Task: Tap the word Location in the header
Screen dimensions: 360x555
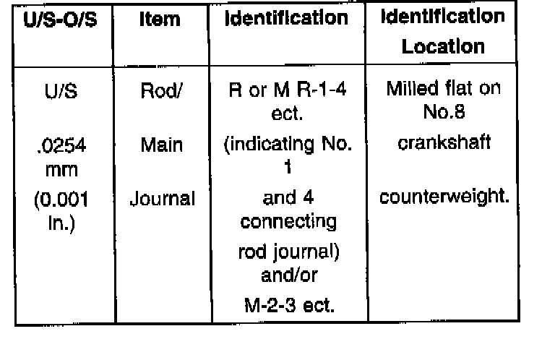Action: [x=443, y=48]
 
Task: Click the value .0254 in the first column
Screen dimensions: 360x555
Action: [x=62, y=145]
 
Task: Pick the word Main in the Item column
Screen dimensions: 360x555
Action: [x=161, y=145]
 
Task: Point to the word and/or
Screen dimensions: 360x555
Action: [x=289, y=276]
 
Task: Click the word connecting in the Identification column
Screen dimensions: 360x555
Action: [x=289, y=221]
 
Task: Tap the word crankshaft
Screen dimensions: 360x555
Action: [x=444, y=142]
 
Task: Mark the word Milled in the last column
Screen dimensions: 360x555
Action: [x=410, y=90]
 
